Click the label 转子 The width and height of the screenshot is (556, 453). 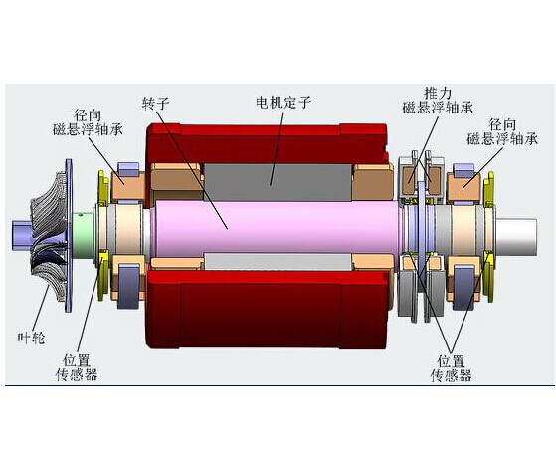[156, 103]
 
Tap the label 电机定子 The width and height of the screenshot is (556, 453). [283, 103]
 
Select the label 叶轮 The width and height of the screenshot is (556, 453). [31, 338]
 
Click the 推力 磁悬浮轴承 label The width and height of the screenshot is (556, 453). [438, 101]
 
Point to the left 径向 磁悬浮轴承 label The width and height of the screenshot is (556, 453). [88, 122]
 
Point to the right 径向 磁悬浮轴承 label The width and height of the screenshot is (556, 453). [502, 132]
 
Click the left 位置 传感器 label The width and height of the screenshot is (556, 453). [77, 367]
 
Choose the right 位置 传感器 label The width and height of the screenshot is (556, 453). [451, 368]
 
